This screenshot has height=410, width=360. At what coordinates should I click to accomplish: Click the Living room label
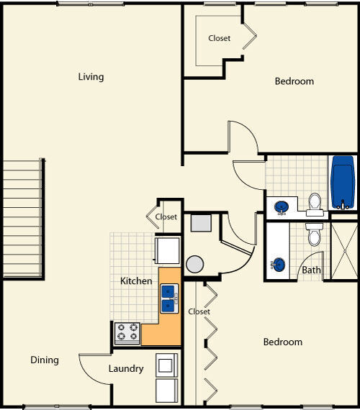coord(91,77)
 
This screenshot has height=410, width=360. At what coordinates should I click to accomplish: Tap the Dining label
coord(44,360)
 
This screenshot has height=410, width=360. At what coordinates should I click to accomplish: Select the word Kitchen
coord(135,281)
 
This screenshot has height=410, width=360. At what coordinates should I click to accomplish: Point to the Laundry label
coord(126,369)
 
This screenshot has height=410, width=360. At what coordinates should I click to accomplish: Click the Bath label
coord(311,270)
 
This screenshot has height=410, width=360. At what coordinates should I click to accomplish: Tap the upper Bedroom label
coord(294,81)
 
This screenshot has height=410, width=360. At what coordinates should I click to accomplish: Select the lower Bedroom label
coord(282,342)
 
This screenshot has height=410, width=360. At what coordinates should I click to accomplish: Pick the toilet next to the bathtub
coord(315,204)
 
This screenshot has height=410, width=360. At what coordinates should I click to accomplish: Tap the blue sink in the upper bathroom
coord(282,207)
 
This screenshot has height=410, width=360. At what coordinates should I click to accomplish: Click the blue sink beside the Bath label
coord(279,264)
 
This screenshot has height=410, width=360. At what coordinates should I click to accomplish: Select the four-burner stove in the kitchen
coord(127,333)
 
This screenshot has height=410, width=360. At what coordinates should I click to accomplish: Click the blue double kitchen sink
coord(169,298)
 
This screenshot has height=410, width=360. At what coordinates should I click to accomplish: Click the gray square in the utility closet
coord(200,222)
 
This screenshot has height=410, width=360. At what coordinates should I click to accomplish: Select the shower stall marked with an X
coord(343,252)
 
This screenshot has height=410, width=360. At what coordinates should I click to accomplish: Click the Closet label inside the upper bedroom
coord(220,38)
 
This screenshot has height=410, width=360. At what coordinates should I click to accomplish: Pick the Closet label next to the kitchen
coord(166,217)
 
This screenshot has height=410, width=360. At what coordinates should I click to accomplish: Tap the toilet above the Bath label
coord(314,233)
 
